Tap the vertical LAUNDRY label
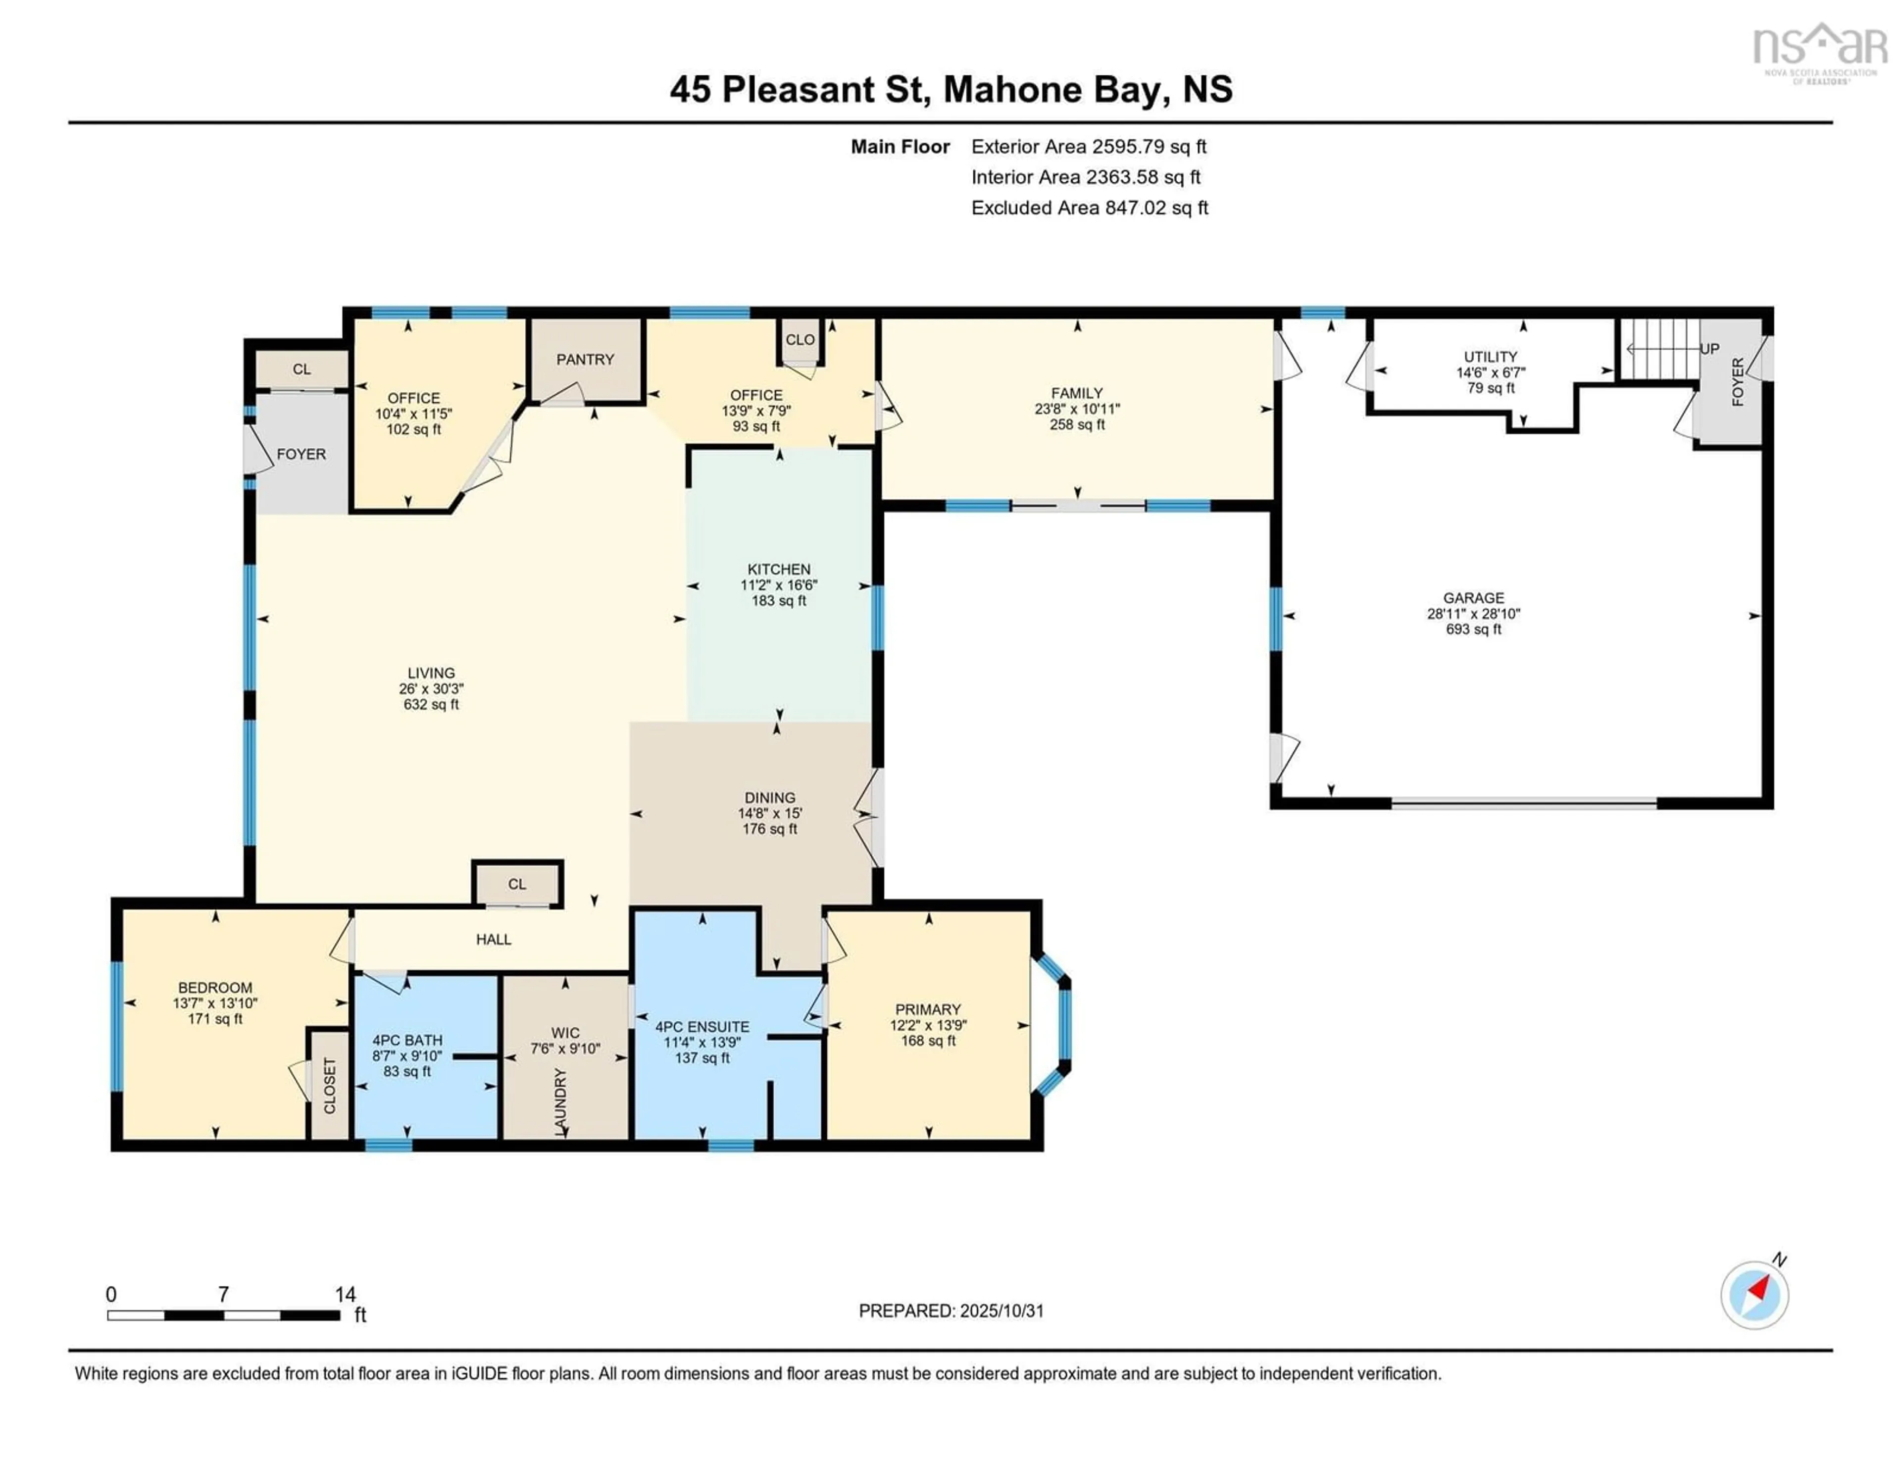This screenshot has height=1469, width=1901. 560,1102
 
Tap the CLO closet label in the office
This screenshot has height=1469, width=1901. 800,340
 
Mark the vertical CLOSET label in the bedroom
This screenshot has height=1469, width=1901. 330,1086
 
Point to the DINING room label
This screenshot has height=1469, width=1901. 769,797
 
